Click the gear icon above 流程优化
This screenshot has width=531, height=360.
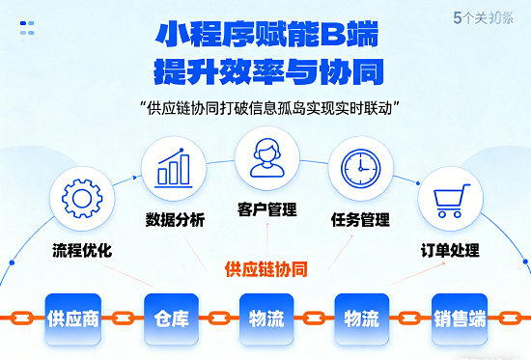click(x=82, y=198)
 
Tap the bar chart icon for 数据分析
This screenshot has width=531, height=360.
click(x=175, y=168)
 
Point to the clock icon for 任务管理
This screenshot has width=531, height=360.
click(x=360, y=168)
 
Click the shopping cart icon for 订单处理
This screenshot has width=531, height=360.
click(x=449, y=199)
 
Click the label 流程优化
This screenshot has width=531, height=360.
click(x=82, y=251)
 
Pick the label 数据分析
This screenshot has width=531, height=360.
click(x=175, y=219)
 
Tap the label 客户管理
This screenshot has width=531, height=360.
click(x=266, y=209)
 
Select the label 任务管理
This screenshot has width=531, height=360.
click(x=360, y=219)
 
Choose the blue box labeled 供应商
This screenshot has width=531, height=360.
click(x=73, y=318)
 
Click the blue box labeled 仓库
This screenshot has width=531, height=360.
click(x=171, y=318)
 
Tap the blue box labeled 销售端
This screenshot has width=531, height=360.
click(x=460, y=318)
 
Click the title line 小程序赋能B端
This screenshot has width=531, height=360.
click(x=265, y=36)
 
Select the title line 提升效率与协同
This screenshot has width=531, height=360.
click(x=265, y=72)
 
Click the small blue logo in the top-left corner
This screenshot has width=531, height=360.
click(x=29, y=29)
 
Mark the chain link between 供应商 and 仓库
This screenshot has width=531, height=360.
click(x=123, y=317)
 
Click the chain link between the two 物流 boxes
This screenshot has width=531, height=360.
click(x=314, y=317)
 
